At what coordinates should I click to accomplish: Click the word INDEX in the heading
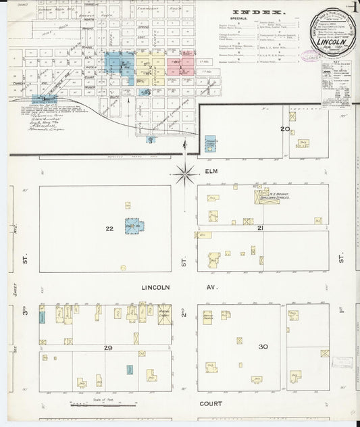tap(259, 12)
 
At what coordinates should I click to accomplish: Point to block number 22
tap(109, 229)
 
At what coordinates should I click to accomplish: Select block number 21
tap(260, 229)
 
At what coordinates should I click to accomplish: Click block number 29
tap(107, 347)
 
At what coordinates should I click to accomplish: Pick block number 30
tap(263, 347)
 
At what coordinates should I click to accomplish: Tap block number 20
tap(286, 128)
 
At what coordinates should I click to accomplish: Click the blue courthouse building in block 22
tap(134, 226)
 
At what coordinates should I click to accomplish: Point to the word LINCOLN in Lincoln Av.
tap(155, 287)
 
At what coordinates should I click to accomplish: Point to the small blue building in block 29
tap(129, 370)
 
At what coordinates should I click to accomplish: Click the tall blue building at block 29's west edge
tap(42, 315)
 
